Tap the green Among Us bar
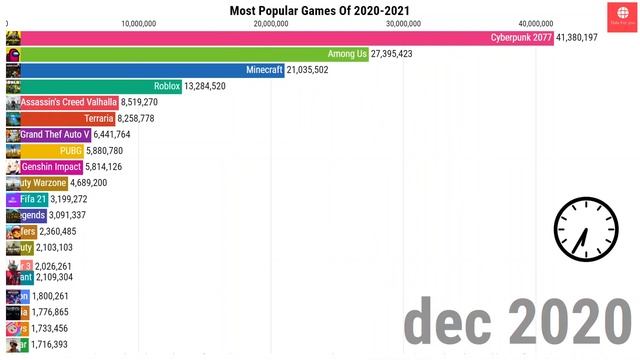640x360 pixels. pos(190,54)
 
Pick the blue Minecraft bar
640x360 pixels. pos(150,70)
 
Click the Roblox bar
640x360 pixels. pos(100,86)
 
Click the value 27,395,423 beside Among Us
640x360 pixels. pos(406,54)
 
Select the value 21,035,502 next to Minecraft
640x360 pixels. pos(322,70)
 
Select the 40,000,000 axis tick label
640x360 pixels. pos(536,22)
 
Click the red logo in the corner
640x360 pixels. pos(621,14)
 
